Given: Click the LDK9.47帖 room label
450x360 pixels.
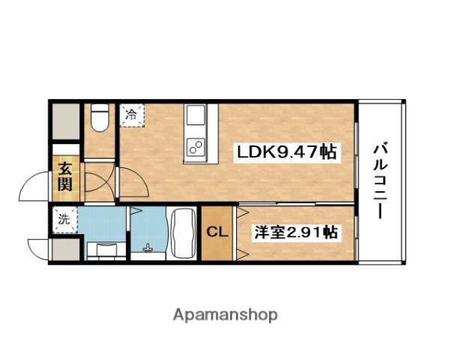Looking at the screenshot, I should point(285,153).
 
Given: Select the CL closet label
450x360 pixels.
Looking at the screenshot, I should point(217,232).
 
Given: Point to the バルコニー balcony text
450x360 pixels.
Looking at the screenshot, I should point(380,180).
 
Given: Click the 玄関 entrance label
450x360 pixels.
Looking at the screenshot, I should point(65,178).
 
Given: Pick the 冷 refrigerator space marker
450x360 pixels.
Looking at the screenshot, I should point(132,115).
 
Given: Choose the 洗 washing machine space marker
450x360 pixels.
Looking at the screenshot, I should point(65,220).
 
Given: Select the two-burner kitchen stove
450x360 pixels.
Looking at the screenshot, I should point(196,145).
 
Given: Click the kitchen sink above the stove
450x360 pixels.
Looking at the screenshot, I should point(196,117).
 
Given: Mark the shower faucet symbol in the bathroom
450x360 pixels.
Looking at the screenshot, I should point(147,250).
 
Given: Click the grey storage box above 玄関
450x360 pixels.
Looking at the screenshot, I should point(65,120).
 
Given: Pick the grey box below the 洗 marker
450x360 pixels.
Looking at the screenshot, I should point(65,248).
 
